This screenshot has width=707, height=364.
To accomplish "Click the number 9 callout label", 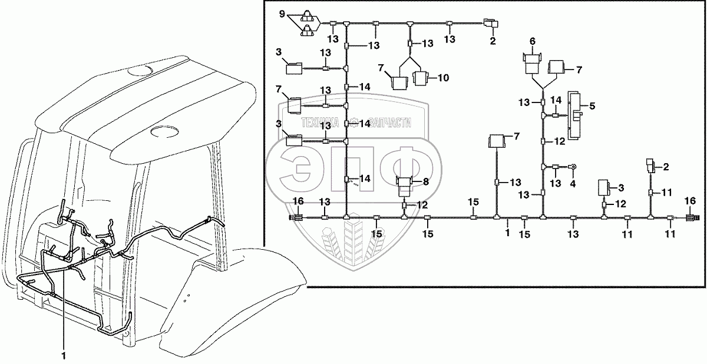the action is (x=282, y=14).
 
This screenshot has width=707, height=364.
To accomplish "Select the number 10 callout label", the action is (x=444, y=78).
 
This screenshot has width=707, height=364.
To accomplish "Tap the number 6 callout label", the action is (x=533, y=41).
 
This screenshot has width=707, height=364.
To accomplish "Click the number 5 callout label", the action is (x=592, y=106).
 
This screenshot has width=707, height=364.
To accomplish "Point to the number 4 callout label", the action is (x=573, y=184).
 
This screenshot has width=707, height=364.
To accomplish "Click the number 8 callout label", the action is (x=426, y=181).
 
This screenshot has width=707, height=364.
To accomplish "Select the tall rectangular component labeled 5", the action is (x=576, y=115).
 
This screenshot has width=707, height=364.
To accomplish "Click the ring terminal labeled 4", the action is (x=573, y=166).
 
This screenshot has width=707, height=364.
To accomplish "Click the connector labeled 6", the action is (x=532, y=64).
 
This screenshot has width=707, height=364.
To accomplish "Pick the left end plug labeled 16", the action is (x=296, y=217).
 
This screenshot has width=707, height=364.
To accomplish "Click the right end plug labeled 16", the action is (x=693, y=218).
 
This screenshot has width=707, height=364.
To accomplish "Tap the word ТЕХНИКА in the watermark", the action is (x=321, y=123).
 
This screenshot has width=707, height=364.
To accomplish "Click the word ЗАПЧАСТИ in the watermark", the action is (x=390, y=123).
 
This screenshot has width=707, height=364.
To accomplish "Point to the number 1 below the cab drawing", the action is (x=64, y=356).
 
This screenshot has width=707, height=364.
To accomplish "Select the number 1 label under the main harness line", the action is (x=507, y=233).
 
